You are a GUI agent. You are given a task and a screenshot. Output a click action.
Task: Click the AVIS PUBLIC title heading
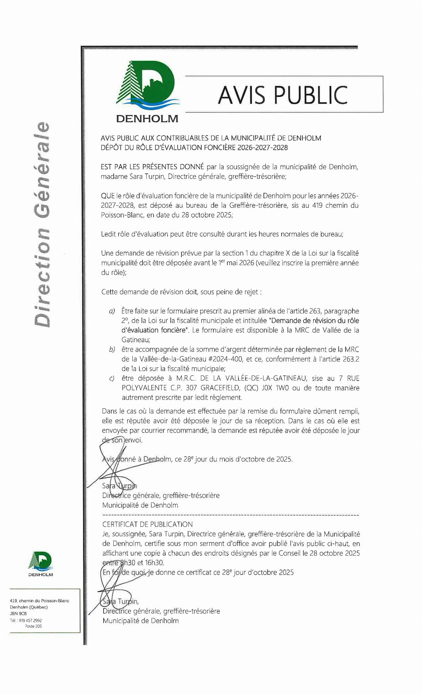coord(283,95)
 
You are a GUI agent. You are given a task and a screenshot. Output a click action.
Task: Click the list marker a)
coord(112,311)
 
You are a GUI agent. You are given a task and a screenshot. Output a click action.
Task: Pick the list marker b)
coord(112,350)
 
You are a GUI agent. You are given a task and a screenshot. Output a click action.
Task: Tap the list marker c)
coord(112,378)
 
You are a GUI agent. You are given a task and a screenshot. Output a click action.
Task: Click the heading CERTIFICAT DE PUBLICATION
coord(147,524)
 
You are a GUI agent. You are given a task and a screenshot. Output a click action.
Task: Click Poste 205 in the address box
coord(33,626)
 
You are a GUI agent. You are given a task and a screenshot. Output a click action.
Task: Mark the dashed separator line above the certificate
coord(230,515)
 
